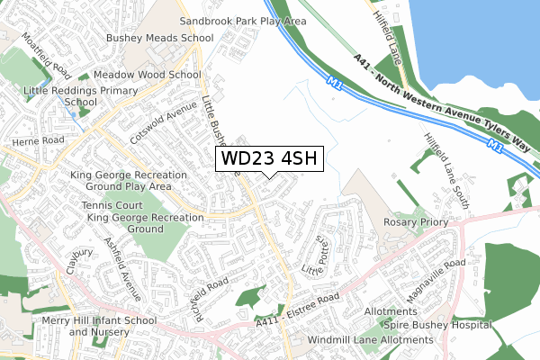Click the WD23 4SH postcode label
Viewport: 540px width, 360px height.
point(267,158)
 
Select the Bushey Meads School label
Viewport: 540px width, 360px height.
point(159,38)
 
